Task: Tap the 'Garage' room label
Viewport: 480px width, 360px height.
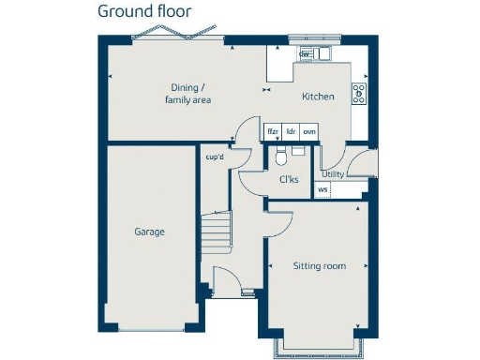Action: (x=150, y=231)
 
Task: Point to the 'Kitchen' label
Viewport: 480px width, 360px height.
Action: (x=318, y=97)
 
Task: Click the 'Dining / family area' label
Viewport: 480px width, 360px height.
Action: (x=187, y=93)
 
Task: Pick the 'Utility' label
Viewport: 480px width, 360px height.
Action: (x=333, y=173)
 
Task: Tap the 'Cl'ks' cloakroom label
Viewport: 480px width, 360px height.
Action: (x=289, y=179)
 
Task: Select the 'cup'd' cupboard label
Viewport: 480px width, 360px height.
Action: (x=215, y=157)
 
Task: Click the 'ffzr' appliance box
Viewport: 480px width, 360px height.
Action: (x=273, y=131)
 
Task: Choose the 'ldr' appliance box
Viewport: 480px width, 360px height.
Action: (x=291, y=131)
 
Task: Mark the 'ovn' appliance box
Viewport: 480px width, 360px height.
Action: (x=308, y=131)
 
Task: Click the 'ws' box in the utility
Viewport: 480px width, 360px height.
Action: (x=323, y=190)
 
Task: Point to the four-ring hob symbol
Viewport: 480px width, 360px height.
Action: (x=358, y=93)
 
